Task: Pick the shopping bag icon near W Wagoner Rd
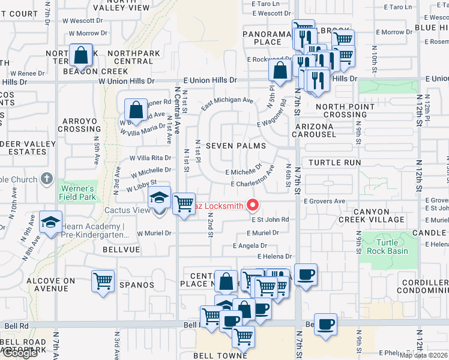(x=136, y=109)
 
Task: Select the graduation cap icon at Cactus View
(x=159, y=197)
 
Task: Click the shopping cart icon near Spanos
(x=103, y=280)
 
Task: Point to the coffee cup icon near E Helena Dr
(x=306, y=274)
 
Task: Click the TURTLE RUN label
(x=335, y=163)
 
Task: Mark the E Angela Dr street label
(x=250, y=246)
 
